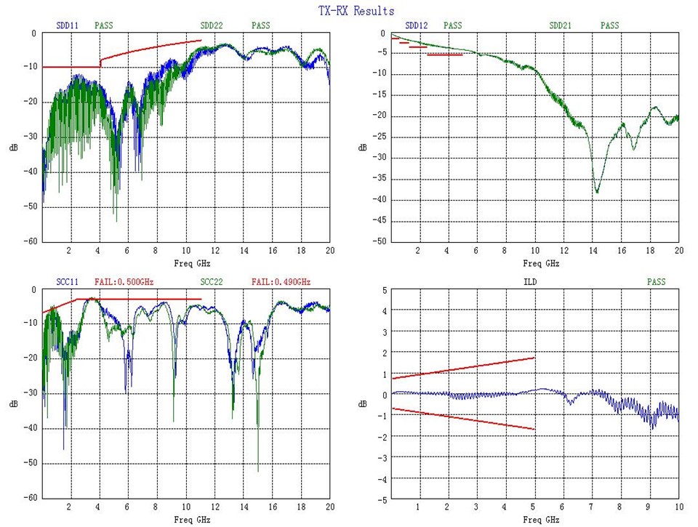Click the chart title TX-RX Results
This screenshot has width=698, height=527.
coord(356,11)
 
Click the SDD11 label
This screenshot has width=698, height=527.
coord(68,25)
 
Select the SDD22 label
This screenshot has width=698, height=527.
coord(212,25)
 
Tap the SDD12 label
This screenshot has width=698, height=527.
coord(417,25)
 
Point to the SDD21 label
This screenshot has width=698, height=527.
coord(561,25)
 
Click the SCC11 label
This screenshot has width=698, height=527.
coord(68,281)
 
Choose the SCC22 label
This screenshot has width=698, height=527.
coord(212,281)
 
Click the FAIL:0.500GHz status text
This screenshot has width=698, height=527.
coord(124,281)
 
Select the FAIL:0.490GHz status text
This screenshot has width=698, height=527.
coord(281,281)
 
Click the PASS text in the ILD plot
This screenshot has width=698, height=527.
coord(656,281)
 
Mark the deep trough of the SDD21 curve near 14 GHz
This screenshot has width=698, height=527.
coord(597,191)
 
